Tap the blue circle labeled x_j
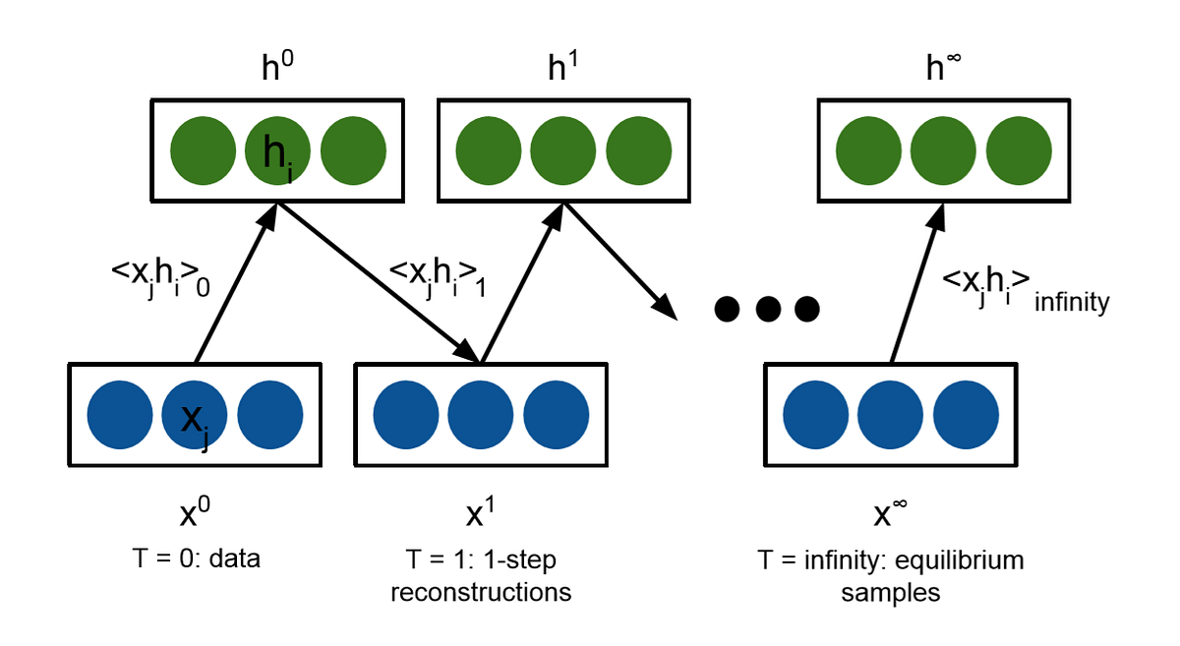194,416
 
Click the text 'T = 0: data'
195,560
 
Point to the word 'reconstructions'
480,593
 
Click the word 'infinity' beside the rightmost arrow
1072,303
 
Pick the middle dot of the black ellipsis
767,310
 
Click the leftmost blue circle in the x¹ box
405,416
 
